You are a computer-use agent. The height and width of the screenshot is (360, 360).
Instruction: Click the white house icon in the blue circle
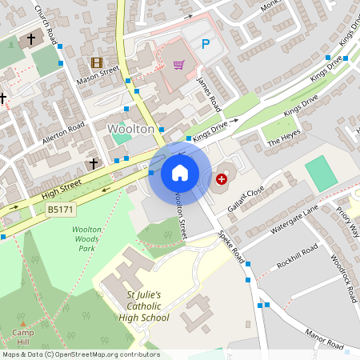tap(180, 172)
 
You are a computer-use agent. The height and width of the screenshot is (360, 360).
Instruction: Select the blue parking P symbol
tap(205, 44)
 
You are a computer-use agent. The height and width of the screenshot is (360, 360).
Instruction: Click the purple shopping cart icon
tap(178, 65)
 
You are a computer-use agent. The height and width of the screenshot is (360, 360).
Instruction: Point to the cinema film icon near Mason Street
tap(97, 62)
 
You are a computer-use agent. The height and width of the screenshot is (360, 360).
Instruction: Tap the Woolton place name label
tap(131, 128)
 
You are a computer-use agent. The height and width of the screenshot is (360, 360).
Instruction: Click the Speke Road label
tap(232, 249)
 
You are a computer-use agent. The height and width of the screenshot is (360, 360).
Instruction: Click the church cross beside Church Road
tap(32, 38)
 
